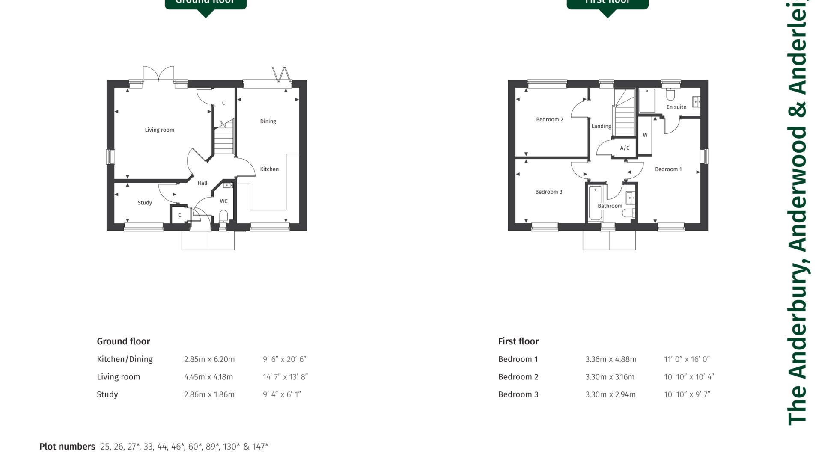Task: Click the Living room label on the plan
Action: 159,130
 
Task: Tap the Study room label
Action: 145,203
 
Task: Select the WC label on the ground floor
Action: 223,201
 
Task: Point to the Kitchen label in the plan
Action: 269,169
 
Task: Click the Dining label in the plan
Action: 268,121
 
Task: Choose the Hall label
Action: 202,183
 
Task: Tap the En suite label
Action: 676,107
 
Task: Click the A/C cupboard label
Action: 625,148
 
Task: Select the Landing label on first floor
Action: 601,126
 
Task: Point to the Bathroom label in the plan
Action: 610,206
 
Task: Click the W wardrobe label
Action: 645,135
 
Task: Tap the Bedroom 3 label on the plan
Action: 548,192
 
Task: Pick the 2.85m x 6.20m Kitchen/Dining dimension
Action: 209,359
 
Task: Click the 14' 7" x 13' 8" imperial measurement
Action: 285,377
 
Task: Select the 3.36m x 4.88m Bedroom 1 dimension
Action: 611,359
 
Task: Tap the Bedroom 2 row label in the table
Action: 518,377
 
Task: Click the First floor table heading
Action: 518,341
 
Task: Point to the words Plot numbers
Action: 67,447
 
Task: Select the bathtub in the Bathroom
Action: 595,203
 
